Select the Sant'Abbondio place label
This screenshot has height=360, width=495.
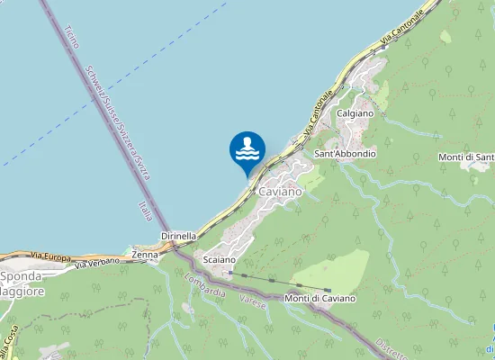pos(345,154)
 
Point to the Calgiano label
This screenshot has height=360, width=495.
pos(355,113)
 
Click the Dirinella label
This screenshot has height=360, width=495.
pos(178,236)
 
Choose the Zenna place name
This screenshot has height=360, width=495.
pos(145,255)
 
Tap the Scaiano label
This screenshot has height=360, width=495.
pos(220,259)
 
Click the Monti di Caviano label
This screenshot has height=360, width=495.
pos(319,298)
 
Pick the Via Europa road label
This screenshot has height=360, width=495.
pos(50,256)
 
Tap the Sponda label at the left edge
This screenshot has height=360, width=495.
pos(20,276)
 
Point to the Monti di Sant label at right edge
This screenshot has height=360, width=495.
pos(466,158)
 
